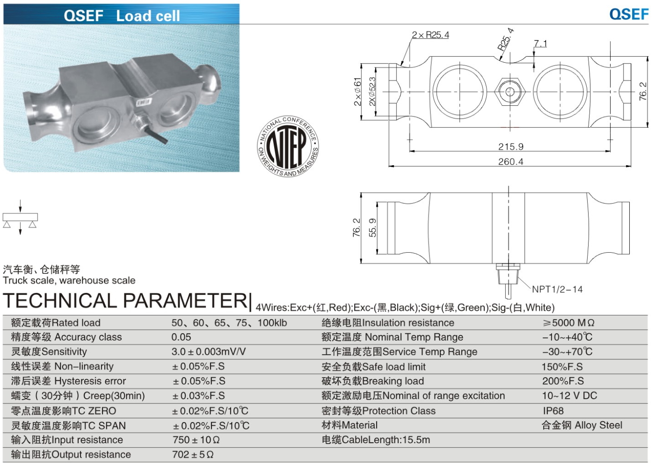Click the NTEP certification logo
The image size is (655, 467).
click(x=288, y=146)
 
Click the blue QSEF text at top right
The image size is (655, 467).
click(x=628, y=15)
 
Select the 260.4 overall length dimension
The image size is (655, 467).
click(x=510, y=161)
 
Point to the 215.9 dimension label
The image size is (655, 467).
click(x=510, y=146)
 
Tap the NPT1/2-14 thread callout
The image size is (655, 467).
click(x=557, y=289)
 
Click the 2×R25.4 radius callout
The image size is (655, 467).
click(x=430, y=35)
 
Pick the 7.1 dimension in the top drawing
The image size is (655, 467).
click(x=540, y=44)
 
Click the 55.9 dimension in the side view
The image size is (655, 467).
click(x=372, y=228)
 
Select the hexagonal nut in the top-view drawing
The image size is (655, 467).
click(x=510, y=91)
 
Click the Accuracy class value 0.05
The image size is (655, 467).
click(x=181, y=337)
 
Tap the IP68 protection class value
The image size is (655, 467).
click(x=553, y=410)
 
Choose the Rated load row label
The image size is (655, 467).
click(x=56, y=322)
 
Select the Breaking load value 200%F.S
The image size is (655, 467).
click(x=563, y=381)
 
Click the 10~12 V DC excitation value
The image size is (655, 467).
click(x=569, y=395)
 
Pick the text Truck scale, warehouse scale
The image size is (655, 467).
click(x=69, y=280)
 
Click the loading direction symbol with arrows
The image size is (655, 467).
click(x=20, y=218)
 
